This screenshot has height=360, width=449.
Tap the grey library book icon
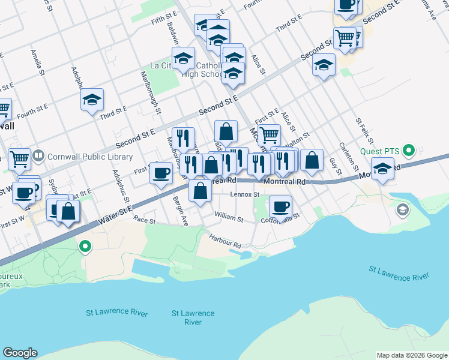pyautogui.click(x=38, y=156)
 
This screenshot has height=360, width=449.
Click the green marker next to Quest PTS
pyautogui.click(x=410, y=150)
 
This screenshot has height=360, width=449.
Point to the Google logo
pyautogui.click(x=20, y=353)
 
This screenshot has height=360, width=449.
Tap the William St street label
pyautogui.click(x=228, y=219)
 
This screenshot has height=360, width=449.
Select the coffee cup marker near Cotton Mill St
pyautogui.click(x=280, y=208)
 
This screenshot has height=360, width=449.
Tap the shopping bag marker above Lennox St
pyautogui.click(x=200, y=191)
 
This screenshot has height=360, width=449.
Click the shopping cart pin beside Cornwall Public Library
pyautogui.click(x=19, y=160)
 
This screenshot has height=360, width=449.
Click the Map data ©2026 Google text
pyautogui.click(x=412, y=355)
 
